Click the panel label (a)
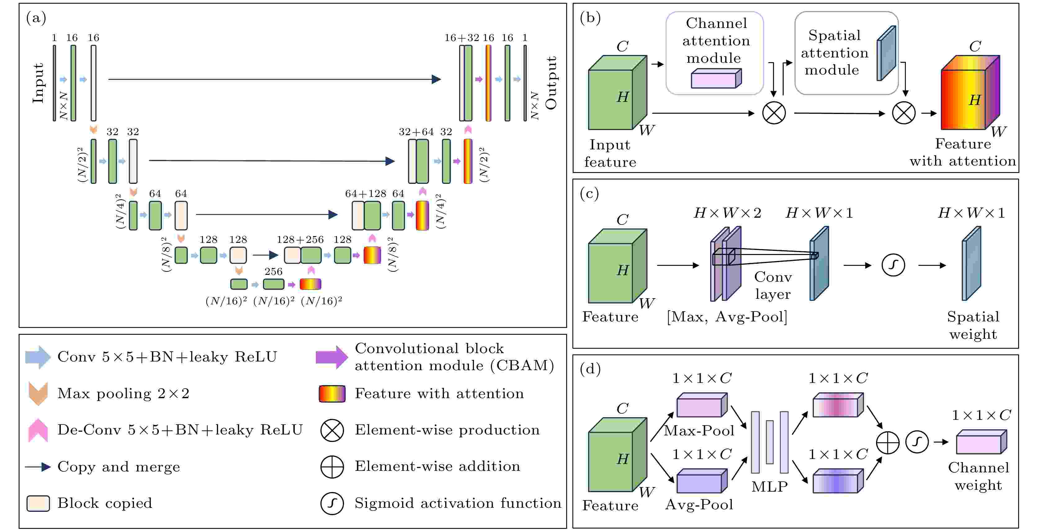click(36, 18)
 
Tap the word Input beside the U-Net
click(38, 83)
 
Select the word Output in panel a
click(551, 83)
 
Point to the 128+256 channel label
click(300, 239)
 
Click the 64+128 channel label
click(365, 193)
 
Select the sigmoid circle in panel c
click(893, 265)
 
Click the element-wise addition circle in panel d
click(888, 443)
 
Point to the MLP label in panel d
click(769, 486)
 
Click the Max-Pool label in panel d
click(699, 431)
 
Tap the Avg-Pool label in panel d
click(699, 505)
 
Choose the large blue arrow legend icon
click(38, 357)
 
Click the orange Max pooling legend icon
click(38, 393)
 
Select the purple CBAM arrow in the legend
click(331, 357)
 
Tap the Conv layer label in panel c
click(773, 285)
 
